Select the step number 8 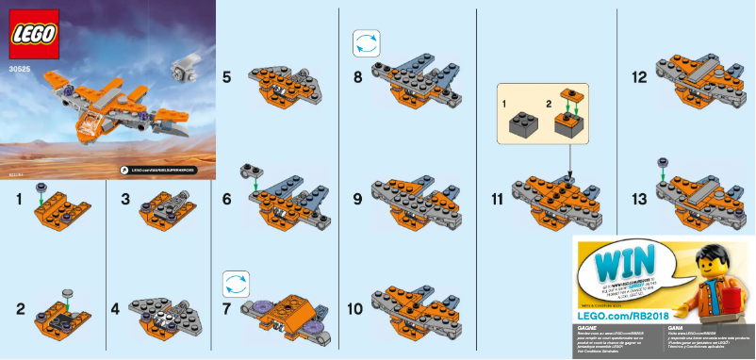[x=358, y=80]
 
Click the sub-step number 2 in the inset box [x=551, y=99]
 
